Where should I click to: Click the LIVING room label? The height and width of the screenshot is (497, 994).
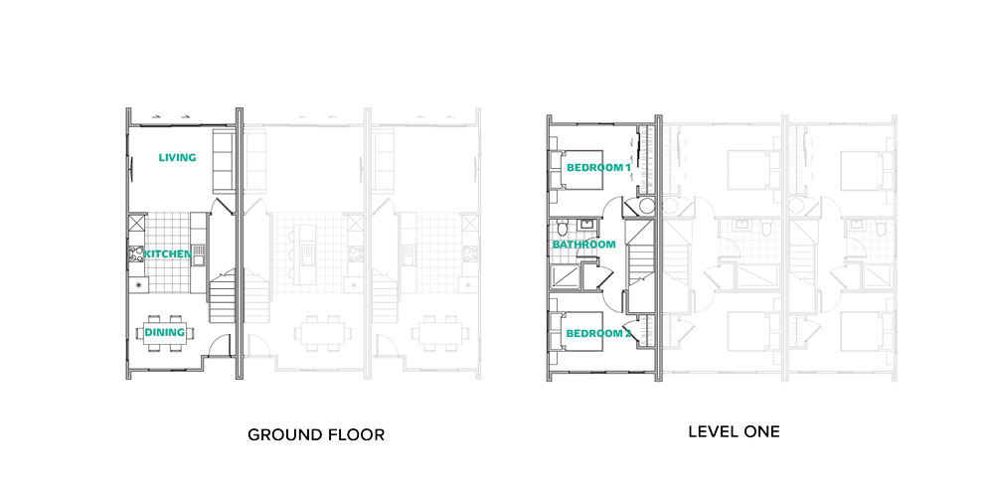pos(178,157)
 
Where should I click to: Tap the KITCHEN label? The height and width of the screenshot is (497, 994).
pos(167,254)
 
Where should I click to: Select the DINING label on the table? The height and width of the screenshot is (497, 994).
pos(165,332)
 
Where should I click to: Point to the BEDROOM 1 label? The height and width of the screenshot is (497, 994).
pos(599,168)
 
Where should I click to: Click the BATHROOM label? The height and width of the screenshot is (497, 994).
pos(583,245)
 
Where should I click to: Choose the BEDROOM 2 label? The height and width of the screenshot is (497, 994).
pos(599,333)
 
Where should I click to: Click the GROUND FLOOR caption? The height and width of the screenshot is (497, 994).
pos(316,435)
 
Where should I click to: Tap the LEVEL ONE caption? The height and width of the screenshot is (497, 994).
pos(735,432)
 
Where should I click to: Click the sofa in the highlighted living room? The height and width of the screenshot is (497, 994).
pos(224,160)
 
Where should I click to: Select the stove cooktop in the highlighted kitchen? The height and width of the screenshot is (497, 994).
pos(136,254)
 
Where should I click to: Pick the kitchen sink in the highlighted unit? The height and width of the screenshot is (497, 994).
pos(199,254)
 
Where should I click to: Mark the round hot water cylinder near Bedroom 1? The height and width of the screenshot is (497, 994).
pos(645,206)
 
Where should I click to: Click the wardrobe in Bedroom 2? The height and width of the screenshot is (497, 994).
pos(646,332)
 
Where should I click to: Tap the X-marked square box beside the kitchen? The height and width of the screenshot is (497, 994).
pos(137,224)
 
